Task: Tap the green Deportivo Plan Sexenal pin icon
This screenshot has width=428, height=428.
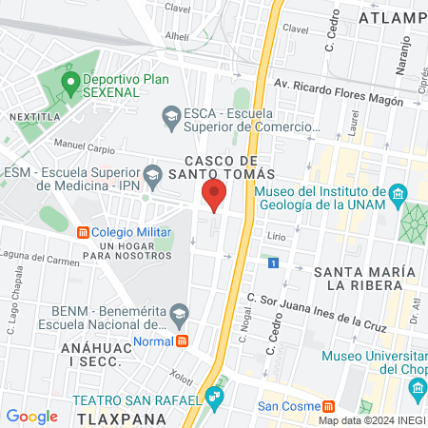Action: pyautogui.click(x=69, y=82)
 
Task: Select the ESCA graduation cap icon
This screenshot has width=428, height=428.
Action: pyautogui.click(x=171, y=118)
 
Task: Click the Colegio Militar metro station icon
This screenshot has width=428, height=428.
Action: pyautogui.click(x=83, y=232)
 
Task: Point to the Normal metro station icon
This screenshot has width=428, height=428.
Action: pyautogui.click(x=182, y=340)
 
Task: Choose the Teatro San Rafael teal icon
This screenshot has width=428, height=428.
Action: pyautogui.click(x=216, y=395)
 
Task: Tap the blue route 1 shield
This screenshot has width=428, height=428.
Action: pyautogui.click(x=273, y=263)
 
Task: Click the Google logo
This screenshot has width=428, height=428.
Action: pyautogui.click(x=32, y=416)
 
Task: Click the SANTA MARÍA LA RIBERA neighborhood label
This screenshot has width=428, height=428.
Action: pyautogui.click(x=364, y=278)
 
